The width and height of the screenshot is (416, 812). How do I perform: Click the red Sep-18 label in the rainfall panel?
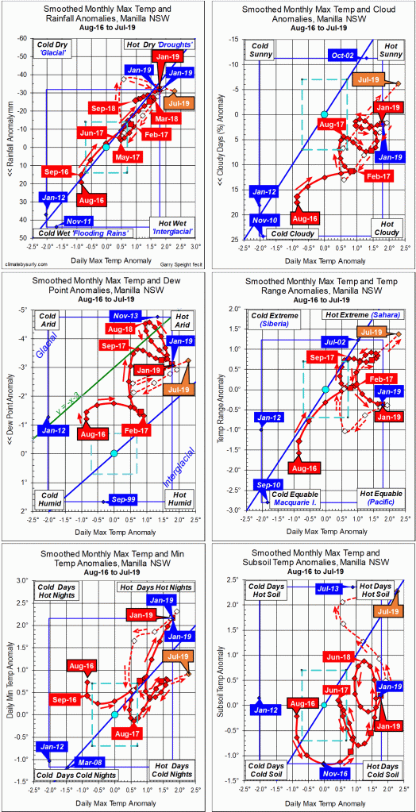(x=103, y=107)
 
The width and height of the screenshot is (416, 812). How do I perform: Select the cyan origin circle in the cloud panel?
(x=324, y=115)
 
